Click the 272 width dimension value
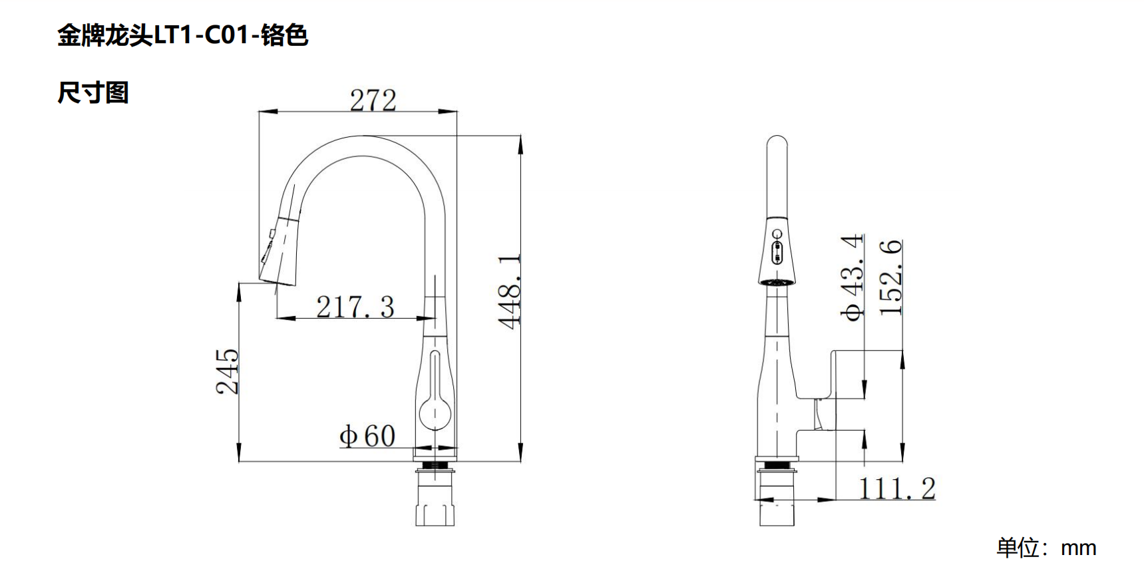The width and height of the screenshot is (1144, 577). (373, 100)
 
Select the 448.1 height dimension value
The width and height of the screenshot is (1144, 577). (510, 291)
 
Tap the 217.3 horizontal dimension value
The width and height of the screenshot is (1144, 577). (355, 307)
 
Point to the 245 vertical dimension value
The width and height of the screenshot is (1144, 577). (227, 371)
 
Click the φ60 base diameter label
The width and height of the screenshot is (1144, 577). (367, 437)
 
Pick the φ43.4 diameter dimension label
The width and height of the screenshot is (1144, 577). (853, 278)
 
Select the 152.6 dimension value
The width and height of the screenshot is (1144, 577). (890, 278)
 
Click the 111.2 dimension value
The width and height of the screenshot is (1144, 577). (897, 489)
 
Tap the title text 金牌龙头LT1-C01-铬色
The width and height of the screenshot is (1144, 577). (183, 35)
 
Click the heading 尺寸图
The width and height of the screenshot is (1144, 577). (93, 93)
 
